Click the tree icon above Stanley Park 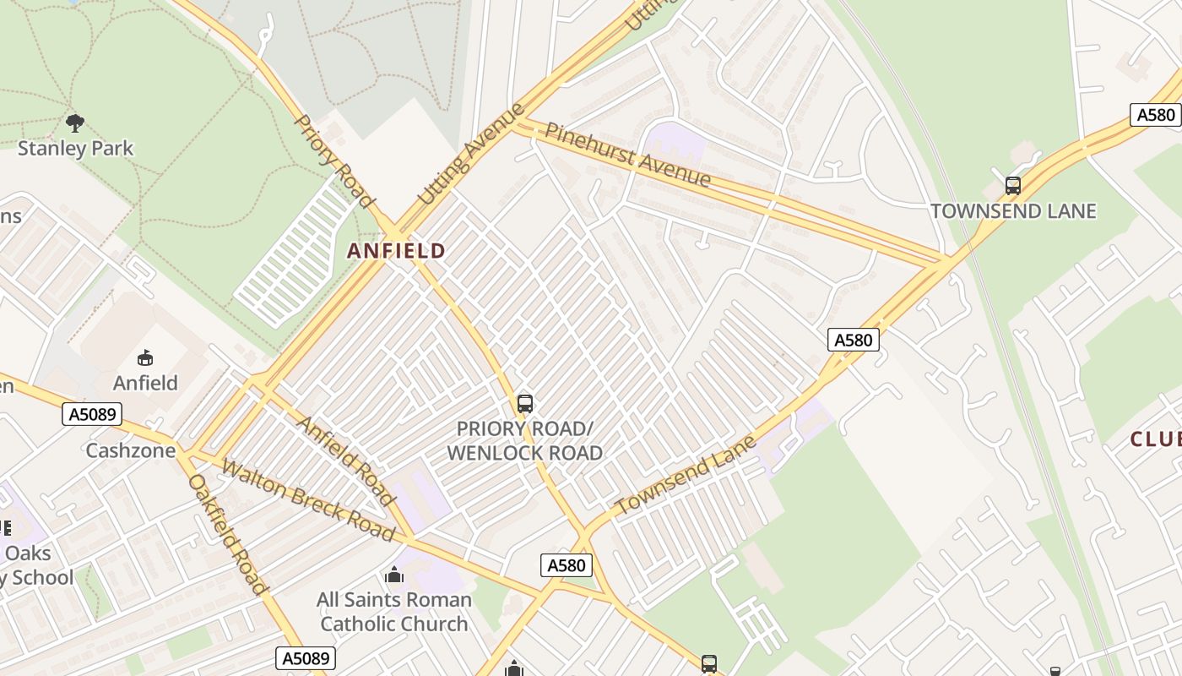(x=75, y=123)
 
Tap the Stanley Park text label (x=76, y=149)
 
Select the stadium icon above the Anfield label (x=145, y=358)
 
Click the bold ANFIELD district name (x=396, y=251)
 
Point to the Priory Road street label (x=333, y=161)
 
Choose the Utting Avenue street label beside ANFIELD (x=471, y=155)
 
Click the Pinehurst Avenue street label (x=627, y=155)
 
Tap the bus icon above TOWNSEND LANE (x=1012, y=186)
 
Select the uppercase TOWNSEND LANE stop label (x=1012, y=211)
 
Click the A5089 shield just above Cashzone (x=92, y=414)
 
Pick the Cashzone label (x=130, y=450)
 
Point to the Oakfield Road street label (x=227, y=534)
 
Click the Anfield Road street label (x=346, y=461)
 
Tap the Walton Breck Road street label (x=308, y=500)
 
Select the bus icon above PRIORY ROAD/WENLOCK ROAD (x=524, y=404)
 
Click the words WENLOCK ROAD (x=524, y=453)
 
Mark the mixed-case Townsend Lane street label (x=685, y=476)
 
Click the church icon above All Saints (x=393, y=575)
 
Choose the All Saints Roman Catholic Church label (x=393, y=612)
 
